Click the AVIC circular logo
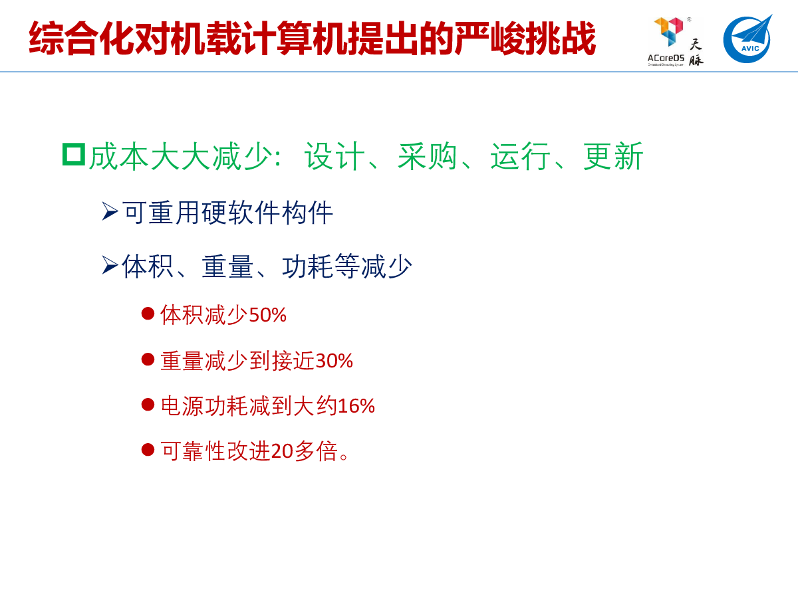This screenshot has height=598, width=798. [747, 39]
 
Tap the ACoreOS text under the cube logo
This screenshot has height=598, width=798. [666, 58]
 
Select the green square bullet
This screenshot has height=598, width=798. [74, 154]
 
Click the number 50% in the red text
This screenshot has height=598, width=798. [267, 315]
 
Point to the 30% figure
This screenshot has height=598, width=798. [334, 361]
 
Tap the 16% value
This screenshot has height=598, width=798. [356, 406]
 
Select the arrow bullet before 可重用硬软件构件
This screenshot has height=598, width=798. [110, 211]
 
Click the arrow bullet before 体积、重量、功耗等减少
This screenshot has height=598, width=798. [110, 265]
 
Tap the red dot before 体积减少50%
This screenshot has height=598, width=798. [148, 314]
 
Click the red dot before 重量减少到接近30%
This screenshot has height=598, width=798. [148, 359]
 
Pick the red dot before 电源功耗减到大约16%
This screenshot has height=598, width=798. [148, 405]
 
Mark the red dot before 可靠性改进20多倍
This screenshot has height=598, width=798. [148, 450]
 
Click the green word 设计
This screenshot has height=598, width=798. [334, 156]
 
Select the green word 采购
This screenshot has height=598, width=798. [428, 156]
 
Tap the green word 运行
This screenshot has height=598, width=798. [520, 156]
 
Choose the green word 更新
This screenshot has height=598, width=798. [613, 156]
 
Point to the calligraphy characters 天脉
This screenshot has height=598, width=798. [696, 52]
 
